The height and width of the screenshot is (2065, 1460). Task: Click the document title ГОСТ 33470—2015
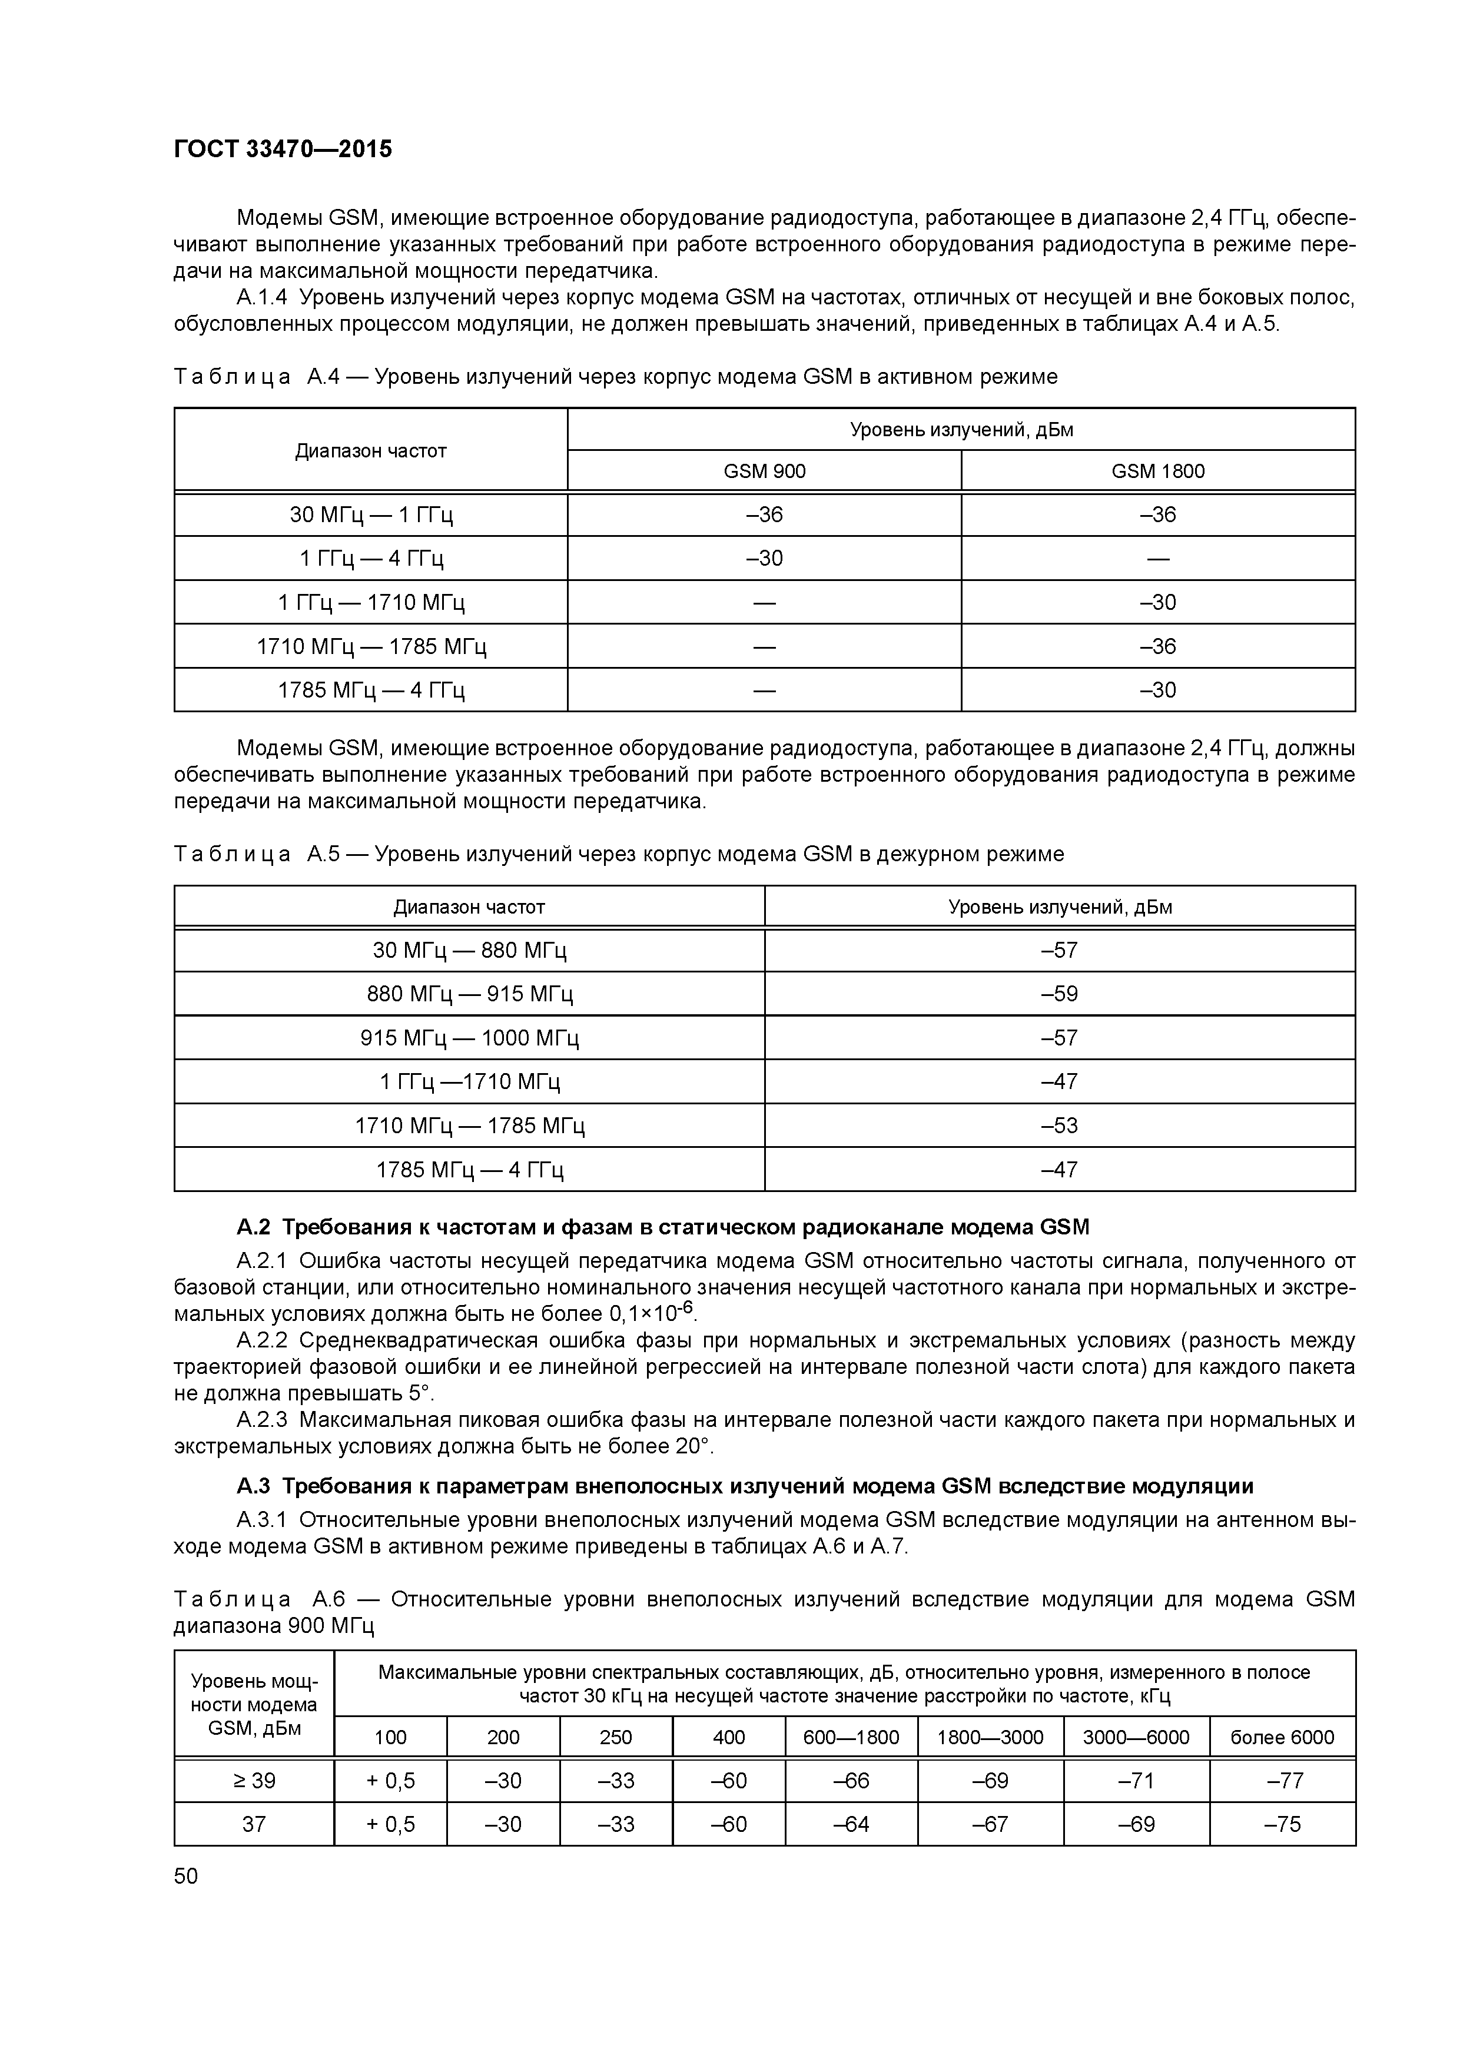tap(283, 150)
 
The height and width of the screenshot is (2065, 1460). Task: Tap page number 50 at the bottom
tap(186, 1875)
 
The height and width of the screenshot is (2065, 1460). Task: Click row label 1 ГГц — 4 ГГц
tap(371, 559)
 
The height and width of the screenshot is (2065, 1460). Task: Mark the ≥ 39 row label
tap(254, 1781)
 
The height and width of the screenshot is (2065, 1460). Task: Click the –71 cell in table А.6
tap(1136, 1781)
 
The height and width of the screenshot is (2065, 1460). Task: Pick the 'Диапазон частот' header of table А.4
tap(371, 450)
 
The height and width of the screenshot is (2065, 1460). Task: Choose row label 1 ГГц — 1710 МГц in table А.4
tap(371, 602)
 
